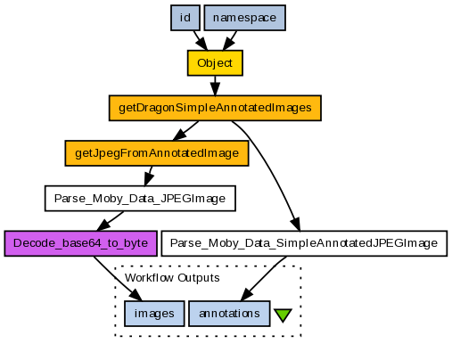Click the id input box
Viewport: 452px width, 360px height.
pyautogui.click(x=185, y=18)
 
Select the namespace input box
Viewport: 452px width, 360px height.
pyautogui.click(x=245, y=18)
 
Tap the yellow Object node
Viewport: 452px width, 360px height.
pyautogui.click(x=215, y=63)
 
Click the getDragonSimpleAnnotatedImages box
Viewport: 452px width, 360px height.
pyautogui.click(x=215, y=108)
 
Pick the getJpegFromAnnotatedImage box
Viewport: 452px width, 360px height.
pyautogui.click(x=157, y=153)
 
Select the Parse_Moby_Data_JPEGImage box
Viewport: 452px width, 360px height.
pyautogui.click(x=140, y=198)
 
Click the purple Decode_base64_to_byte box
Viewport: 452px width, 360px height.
pyautogui.click(x=80, y=243)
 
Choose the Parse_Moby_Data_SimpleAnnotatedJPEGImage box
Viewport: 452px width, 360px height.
pyautogui.click(x=304, y=243)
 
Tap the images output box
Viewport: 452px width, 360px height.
pyautogui.click(x=154, y=314)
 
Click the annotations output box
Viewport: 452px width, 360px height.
pyautogui.click(x=229, y=314)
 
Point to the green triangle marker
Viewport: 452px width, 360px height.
pyautogui.click(x=283, y=315)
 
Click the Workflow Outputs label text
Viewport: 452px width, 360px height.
pyautogui.click(x=172, y=278)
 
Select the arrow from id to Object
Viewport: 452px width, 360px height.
pyautogui.click(x=201, y=40)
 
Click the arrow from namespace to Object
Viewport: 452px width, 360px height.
pyautogui.click(x=230, y=40)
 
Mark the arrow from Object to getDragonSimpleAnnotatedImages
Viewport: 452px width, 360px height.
pyautogui.click(x=215, y=86)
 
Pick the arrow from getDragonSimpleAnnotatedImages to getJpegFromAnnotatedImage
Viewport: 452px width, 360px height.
pyautogui.click(x=185, y=130)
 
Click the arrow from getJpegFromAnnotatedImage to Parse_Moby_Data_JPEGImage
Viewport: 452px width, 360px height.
pyautogui.click(x=149, y=176)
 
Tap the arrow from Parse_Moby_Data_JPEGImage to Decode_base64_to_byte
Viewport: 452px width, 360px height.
pyautogui.click(x=111, y=221)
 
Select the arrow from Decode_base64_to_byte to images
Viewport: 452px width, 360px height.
pyautogui.click(x=117, y=279)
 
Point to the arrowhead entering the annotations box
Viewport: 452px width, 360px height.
pyautogui.click(x=246, y=294)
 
